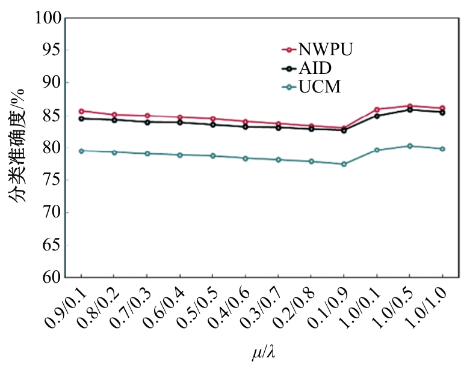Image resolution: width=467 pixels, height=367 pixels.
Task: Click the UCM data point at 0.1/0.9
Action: tap(344, 164)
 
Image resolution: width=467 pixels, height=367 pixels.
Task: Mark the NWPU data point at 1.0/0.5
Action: tap(410, 106)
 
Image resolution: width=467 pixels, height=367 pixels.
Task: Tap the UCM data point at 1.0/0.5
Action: tap(410, 146)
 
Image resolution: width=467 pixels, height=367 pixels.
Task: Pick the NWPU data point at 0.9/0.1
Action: tap(81, 111)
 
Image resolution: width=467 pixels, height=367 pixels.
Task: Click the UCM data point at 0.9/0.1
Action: tap(81, 151)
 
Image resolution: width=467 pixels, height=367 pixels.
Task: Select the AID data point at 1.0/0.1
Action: tap(377, 116)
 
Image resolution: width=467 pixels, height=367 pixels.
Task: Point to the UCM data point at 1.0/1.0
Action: tap(443, 148)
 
